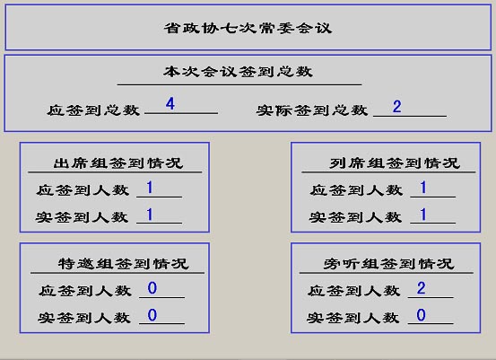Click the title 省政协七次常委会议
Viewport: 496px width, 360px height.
(x=248, y=28)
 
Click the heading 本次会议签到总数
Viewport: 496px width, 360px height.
(x=239, y=72)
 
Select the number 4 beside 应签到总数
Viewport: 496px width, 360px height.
(x=170, y=104)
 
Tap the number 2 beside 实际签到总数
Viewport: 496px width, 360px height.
(x=397, y=107)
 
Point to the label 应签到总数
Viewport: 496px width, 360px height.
(x=93, y=110)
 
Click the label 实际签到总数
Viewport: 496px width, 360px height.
(x=312, y=110)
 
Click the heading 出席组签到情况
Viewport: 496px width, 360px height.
(x=118, y=163)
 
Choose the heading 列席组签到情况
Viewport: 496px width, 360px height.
(x=395, y=163)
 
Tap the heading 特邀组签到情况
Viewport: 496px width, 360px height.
(x=124, y=263)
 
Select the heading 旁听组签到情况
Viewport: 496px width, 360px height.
(x=388, y=263)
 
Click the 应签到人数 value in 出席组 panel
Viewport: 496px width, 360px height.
(x=150, y=188)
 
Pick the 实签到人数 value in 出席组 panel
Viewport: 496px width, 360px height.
(x=150, y=215)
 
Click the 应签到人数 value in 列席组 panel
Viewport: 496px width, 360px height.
(x=423, y=188)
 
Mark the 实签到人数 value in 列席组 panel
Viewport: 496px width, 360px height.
(x=423, y=215)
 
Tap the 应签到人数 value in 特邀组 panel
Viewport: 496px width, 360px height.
(x=152, y=288)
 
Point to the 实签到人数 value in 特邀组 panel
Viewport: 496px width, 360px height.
(x=152, y=315)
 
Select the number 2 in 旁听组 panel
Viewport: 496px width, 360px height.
(x=421, y=288)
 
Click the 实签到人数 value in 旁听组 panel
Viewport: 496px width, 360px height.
(x=421, y=315)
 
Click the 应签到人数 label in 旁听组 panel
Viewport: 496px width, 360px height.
(x=353, y=291)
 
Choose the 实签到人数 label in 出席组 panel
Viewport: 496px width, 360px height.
(x=82, y=217)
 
